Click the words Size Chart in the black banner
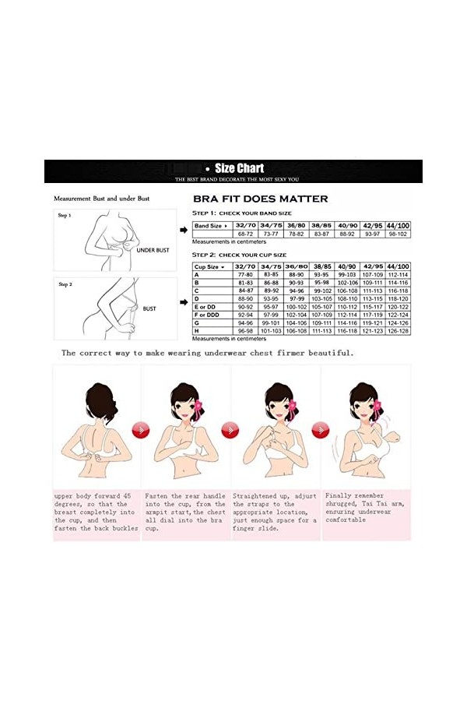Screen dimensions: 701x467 tap(239, 167)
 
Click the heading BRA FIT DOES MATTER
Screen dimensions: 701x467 tap(260, 199)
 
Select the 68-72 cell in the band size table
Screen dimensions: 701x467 tap(247, 234)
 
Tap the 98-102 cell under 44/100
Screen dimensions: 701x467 tap(397, 234)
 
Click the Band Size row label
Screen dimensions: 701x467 tap(212, 225)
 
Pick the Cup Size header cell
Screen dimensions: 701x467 tap(212, 266)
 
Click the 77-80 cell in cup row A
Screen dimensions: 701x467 tap(247, 275)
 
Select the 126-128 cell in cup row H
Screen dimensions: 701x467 tap(397, 331)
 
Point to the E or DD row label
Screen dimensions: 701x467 tap(207, 307)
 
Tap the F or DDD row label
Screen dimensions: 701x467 tap(209, 315)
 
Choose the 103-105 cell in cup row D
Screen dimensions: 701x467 tap(321, 299)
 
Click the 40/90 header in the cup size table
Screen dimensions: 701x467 tap(346, 266)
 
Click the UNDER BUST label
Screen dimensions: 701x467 tap(153, 250)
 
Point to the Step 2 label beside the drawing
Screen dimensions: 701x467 tap(65, 284)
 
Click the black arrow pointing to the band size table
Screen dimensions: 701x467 tap(182, 228)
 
